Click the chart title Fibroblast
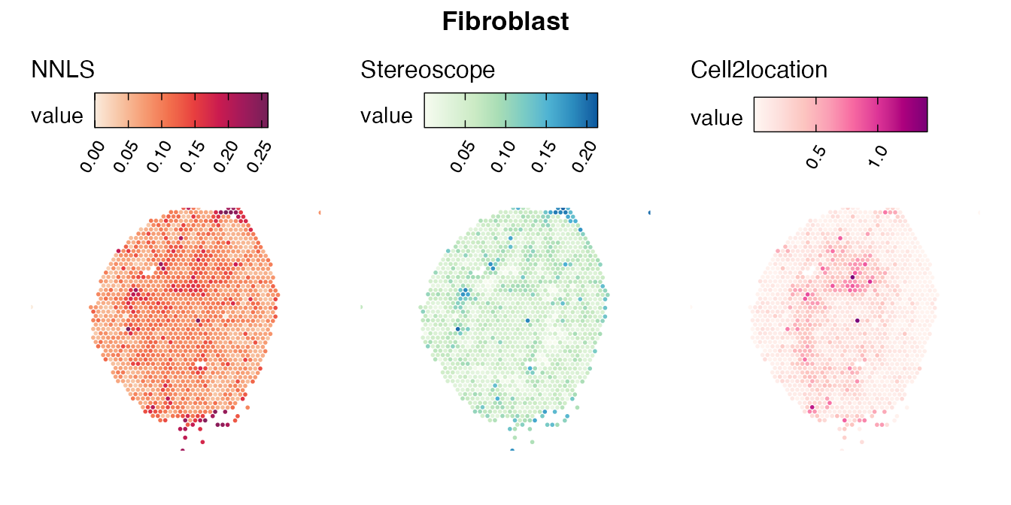tap(505, 22)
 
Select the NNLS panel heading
tap(62, 70)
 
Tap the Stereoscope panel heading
tap(428, 70)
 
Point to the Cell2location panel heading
tap(759, 70)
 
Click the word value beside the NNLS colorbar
tap(56, 116)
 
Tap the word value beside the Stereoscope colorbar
tap(387, 116)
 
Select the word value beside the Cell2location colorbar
tap(717, 118)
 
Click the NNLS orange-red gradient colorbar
tap(181, 110)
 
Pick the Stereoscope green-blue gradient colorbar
tap(511, 110)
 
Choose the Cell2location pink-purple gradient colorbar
tap(840, 114)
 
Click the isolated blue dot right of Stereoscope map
tap(650, 213)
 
